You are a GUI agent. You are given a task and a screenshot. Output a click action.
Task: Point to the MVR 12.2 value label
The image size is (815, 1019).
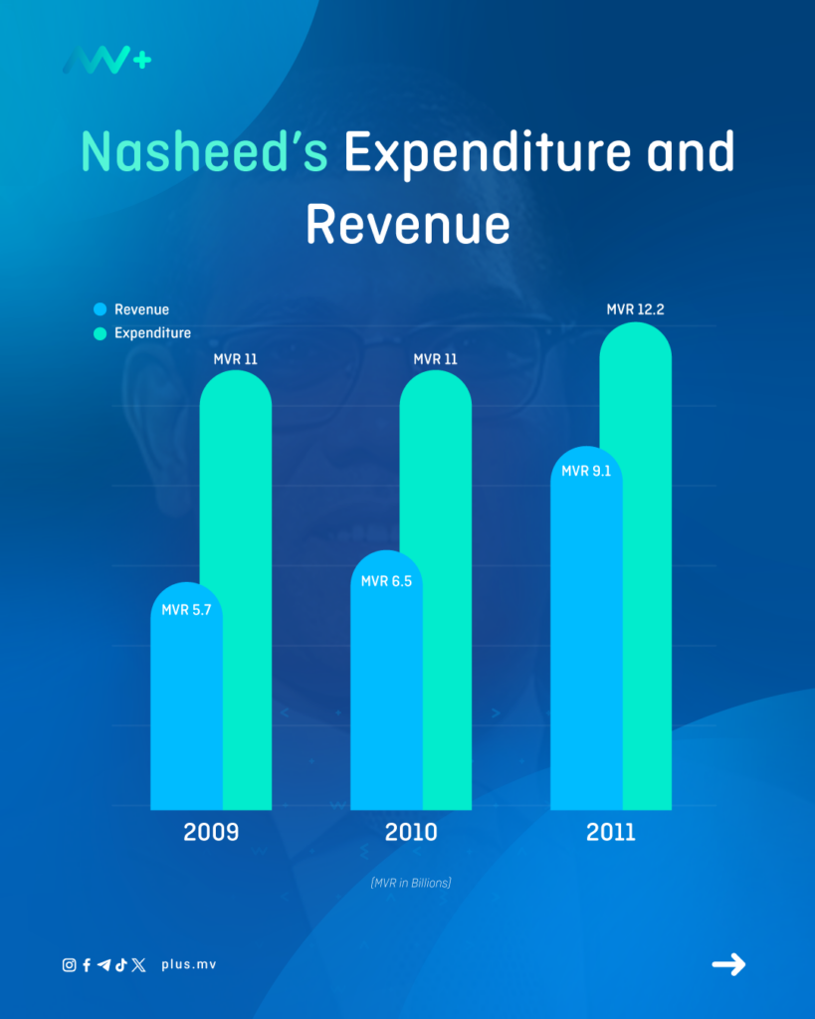pyautogui.click(x=635, y=309)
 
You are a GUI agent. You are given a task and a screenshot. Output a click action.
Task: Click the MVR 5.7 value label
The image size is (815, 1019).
pyautogui.click(x=186, y=608)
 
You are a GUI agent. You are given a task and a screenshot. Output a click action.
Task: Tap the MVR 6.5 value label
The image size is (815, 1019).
pyautogui.click(x=386, y=581)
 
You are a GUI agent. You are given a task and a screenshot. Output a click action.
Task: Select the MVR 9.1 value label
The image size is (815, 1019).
pyautogui.click(x=586, y=471)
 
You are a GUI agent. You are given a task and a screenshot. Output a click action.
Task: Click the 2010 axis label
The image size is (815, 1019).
pyautogui.click(x=410, y=832)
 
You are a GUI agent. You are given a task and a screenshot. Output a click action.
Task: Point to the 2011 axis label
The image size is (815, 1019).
pyautogui.click(x=610, y=832)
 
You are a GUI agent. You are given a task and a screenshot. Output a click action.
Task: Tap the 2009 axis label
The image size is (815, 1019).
pyautogui.click(x=211, y=832)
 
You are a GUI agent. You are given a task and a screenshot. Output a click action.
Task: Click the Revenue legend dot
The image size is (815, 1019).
pyautogui.click(x=100, y=309)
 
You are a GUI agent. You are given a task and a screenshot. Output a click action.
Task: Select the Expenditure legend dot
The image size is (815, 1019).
pyautogui.click(x=100, y=333)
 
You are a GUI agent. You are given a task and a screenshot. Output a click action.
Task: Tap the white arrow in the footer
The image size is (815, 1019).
pyautogui.click(x=728, y=963)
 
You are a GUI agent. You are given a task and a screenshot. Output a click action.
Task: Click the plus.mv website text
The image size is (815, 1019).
pyautogui.click(x=188, y=964)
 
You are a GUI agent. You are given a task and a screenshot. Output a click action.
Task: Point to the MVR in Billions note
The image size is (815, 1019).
pyautogui.click(x=410, y=883)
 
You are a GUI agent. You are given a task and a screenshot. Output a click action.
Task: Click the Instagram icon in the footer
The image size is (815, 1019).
pyautogui.click(x=69, y=964)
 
